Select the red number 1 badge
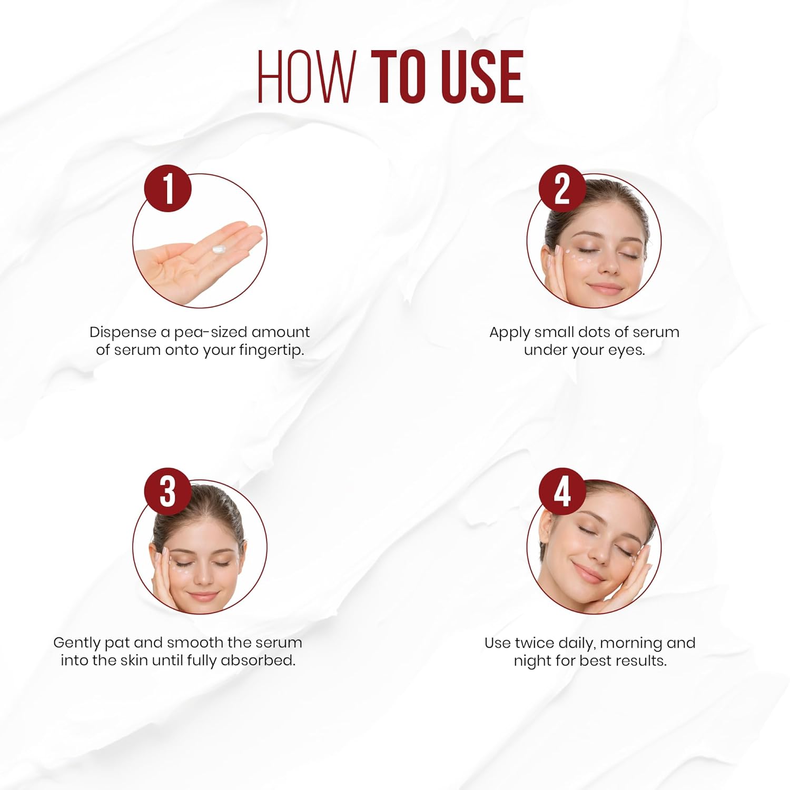coord(167,188)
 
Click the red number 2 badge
coord(562,188)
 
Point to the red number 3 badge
coord(167,491)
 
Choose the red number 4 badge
coord(562,491)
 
